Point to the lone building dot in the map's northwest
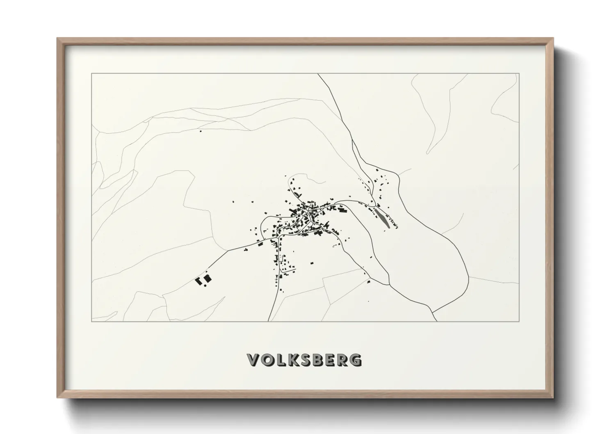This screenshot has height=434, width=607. pos(201,131)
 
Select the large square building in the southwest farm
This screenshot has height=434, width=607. pos(208,279)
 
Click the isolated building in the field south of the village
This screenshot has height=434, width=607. pos(311,263)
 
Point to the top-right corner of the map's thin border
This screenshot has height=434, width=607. pos(519,74)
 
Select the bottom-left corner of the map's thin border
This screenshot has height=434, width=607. pos(92,322)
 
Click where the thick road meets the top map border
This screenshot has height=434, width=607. pos(318,74)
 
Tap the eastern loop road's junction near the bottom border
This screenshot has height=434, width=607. pos(432,311)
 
